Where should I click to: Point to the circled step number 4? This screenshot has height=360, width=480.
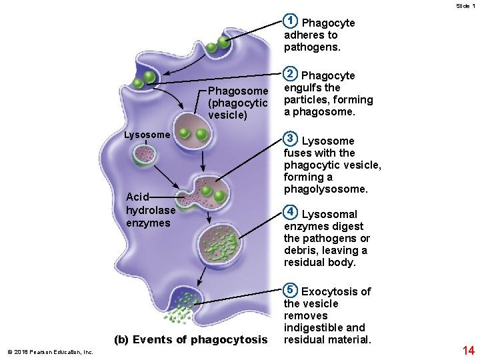tap(290, 212)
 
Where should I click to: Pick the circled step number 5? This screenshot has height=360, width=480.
tap(290, 289)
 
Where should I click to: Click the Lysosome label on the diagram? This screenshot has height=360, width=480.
tap(147, 135)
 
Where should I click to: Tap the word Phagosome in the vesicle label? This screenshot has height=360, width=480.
tap(238, 91)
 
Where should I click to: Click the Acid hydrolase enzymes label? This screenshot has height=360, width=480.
tap(151, 210)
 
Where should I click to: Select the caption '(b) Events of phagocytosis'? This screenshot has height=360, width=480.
tap(190, 340)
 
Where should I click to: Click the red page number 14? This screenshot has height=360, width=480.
tap(467, 349)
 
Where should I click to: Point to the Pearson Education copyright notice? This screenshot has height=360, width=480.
tap(50, 352)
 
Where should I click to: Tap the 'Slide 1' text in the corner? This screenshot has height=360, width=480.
tap(465, 5)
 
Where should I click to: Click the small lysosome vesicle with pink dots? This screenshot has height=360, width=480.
tap(143, 155)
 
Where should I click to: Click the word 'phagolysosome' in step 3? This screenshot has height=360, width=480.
tap(325, 189)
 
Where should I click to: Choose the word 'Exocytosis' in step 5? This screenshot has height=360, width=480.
tap(327, 291)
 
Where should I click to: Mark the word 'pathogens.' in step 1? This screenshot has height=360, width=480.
tap(312, 47)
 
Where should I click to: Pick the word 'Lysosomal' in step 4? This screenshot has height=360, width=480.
tap(329, 214)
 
